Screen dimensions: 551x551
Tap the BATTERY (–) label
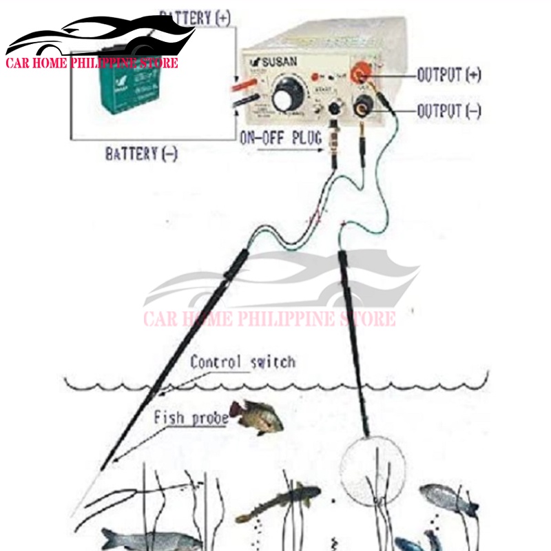coord(141,153)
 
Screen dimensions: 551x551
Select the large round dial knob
coord(287,96)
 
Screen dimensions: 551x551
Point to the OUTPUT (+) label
coord(449,75)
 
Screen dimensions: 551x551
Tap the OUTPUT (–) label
coord(449,110)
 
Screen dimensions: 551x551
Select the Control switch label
coord(242,362)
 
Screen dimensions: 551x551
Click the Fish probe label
coord(191,417)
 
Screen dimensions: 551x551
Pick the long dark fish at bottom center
coord(278,503)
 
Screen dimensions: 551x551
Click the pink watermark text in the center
coord(269,319)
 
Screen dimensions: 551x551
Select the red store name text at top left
coord(92,63)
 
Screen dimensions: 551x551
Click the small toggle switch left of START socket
coord(318,110)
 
